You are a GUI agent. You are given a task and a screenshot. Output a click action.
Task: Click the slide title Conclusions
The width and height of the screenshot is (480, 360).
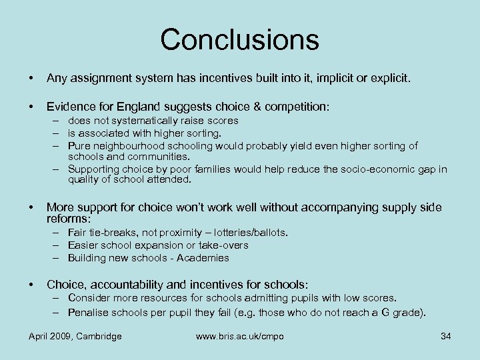(239, 39)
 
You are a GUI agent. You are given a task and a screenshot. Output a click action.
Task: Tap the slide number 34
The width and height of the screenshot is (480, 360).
(446, 336)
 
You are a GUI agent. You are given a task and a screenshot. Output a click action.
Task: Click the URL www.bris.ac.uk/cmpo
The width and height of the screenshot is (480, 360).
(239, 336)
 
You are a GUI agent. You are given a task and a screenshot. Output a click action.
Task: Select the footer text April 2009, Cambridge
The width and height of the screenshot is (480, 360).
(75, 336)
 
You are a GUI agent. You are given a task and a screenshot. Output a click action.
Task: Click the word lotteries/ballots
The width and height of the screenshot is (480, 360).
(251, 233)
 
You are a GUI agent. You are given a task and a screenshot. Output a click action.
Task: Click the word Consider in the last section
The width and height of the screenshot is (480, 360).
(89, 298)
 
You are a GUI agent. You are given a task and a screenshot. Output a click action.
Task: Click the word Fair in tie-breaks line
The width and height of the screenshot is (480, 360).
(77, 233)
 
